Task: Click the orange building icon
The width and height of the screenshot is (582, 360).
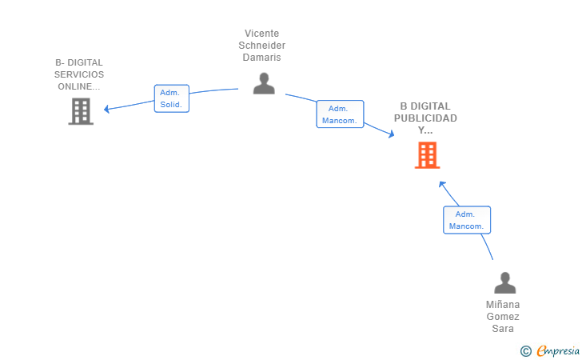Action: tap(427, 155)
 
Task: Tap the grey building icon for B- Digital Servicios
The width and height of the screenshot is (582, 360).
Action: tap(81, 111)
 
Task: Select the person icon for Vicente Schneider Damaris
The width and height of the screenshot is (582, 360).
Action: tap(264, 83)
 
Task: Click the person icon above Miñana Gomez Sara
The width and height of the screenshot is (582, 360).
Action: tap(504, 282)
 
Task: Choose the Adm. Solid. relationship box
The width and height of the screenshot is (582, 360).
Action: tap(171, 98)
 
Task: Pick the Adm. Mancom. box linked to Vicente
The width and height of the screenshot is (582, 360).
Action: tap(340, 114)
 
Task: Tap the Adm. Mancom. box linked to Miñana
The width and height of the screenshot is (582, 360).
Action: tap(467, 220)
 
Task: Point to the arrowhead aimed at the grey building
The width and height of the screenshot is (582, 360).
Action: tap(106, 109)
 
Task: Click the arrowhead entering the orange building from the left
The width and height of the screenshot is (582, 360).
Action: tap(391, 134)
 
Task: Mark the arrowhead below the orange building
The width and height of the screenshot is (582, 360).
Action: tap(441, 183)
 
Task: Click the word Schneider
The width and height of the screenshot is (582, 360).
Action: tap(261, 46)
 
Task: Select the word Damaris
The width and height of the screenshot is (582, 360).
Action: tap(261, 58)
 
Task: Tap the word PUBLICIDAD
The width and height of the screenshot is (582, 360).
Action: tap(425, 118)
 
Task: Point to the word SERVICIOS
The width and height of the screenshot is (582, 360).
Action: tap(79, 74)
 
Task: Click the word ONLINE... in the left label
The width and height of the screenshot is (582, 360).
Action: tap(79, 86)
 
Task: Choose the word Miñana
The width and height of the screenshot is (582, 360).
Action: tap(503, 304)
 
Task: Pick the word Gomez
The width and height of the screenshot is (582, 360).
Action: tap(503, 317)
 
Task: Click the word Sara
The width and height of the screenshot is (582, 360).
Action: tap(503, 329)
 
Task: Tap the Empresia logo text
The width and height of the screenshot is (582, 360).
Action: tap(558, 350)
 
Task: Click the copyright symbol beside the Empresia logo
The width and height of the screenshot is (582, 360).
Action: tap(526, 351)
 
